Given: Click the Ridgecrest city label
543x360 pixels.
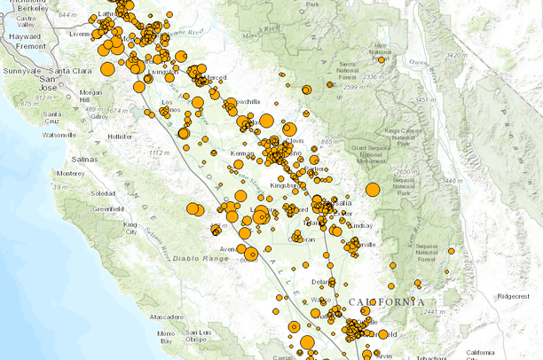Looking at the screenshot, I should pyautogui.click(x=519, y=296).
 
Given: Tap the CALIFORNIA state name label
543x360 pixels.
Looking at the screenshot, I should pyautogui.click(x=387, y=302).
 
